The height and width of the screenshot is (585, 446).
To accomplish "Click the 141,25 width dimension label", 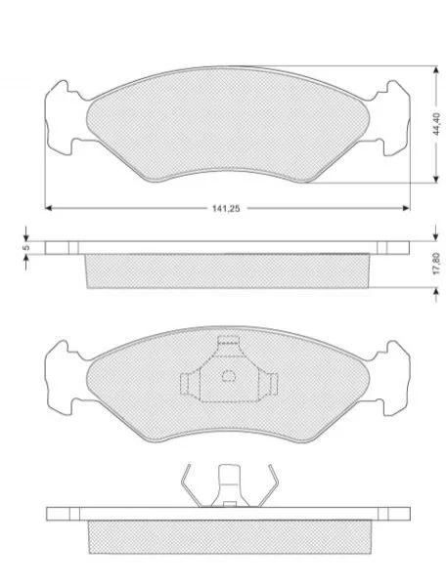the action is (x=226, y=209).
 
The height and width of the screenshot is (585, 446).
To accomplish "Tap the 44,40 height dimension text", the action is (x=438, y=123).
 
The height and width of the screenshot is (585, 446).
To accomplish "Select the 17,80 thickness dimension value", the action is (x=438, y=264).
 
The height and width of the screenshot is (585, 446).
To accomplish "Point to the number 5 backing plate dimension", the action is (x=25, y=248).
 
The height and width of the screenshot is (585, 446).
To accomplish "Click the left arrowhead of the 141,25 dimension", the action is (x=48, y=208).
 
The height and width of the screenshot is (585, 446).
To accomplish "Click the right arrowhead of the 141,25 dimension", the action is (x=407, y=208).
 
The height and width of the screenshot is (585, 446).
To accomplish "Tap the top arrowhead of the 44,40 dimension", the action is (x=435, y=69).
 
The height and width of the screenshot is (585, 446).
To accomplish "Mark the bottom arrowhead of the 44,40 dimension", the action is (x=435, y=180).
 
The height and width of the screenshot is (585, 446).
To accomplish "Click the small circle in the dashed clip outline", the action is (x=229, y=376).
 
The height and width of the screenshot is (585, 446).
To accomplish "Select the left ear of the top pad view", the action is (x=60, y=117).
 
